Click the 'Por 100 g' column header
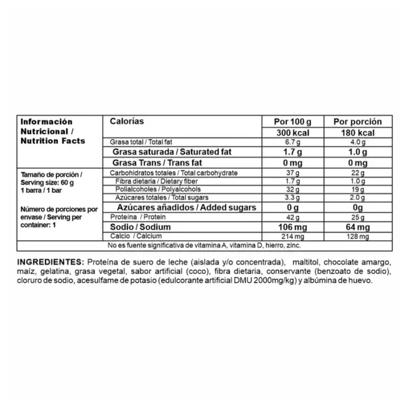click(293, 122)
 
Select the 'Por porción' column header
click(357, 122)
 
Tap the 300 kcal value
click(293, 132)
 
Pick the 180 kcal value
click(357, 132)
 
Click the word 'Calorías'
click(127, 121)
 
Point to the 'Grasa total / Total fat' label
click(140, 142)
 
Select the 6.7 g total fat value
click(293, 142)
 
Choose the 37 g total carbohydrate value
click(293, 173)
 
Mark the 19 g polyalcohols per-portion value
click(357, 189)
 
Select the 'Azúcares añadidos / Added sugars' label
click(179, 207)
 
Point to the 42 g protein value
click(293, 217)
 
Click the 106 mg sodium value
click(293, 227)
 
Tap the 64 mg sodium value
click(357, 227)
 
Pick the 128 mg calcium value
click(357, 236)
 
